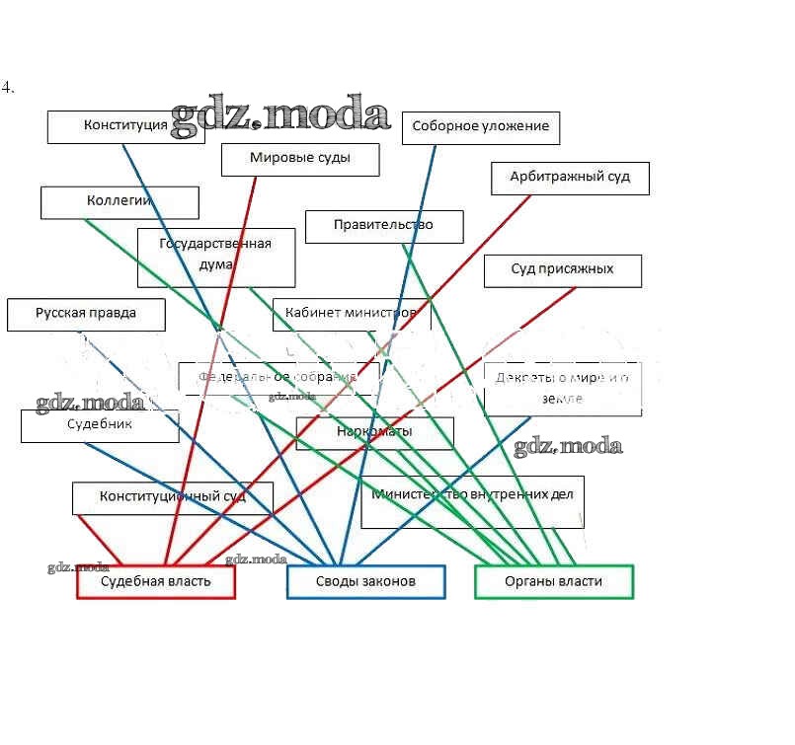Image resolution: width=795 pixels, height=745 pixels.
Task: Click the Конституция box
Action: (125, 126)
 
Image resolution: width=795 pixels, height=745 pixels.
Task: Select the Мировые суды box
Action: (299, 159)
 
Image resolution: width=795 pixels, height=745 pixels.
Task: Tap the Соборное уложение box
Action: (480, 127)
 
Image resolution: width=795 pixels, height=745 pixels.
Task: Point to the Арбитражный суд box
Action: (570, 178)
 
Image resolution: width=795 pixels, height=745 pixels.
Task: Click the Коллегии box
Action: (119, 201)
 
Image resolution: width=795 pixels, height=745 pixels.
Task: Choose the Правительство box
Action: (383, 226)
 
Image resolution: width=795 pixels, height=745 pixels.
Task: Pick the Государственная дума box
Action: (216, 256)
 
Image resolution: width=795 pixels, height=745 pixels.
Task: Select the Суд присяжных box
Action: (562, 270)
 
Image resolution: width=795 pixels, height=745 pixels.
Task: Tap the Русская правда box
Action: (86, 314)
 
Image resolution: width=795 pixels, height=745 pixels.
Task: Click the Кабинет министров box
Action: (352, 314)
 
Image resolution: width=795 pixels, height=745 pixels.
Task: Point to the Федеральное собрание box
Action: (278, 378)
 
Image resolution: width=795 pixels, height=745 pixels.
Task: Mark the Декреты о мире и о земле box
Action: (562, 388)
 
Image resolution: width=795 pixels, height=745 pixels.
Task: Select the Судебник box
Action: (99, 425)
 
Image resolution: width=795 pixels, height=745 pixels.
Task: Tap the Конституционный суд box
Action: (172, 497)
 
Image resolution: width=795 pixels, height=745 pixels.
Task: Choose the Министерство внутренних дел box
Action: (472, 501)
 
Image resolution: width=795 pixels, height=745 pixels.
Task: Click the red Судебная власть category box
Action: (156, 582)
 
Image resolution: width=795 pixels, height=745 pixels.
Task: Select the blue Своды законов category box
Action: (365, 582)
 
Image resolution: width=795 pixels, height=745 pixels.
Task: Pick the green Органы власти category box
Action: (553, 582)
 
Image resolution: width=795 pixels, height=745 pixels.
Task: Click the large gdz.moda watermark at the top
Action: (279, 116)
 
